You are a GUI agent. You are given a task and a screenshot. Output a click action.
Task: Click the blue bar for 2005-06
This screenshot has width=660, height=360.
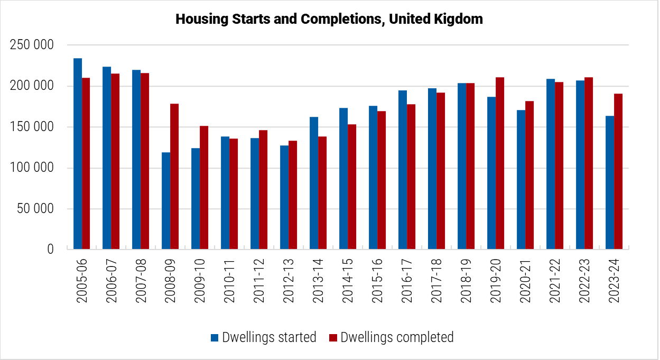[x=78, y=154]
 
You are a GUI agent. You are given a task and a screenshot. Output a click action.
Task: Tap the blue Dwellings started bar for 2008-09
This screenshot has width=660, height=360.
[x=166, y=201]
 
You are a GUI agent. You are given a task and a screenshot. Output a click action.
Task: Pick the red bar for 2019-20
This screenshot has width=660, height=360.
[x=500, y=163]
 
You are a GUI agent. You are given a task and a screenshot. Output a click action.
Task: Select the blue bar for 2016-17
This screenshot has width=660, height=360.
[x=403, y=170]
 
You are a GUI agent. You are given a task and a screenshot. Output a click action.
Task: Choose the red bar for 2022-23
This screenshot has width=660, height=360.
[x=589, y=163]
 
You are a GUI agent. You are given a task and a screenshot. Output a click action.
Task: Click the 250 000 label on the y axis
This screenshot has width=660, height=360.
[x=32, y=45]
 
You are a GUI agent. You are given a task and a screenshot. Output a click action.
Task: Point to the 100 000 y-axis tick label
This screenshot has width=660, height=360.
[x=32, y=168]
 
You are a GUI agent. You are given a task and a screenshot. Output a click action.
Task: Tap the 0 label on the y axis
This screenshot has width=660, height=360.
[x=51, y=250]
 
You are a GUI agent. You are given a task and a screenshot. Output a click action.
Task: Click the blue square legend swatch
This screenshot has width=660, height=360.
[x=215, y=338]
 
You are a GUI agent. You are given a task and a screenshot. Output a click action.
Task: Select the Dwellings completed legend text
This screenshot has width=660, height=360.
[x=397, y=337]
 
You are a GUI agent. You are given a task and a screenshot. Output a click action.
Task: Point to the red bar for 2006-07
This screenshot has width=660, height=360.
[x=115, y=161]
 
